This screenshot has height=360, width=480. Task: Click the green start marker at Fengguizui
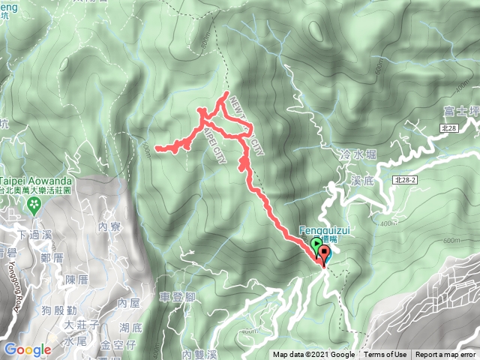click(x=316, y=244)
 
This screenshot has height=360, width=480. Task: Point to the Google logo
click(x=27, y=349)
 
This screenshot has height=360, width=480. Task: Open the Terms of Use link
click(x=385, y=355)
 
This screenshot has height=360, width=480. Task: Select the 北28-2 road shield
click(x=404, y=180)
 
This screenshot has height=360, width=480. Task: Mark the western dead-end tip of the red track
click(x=156, y=148)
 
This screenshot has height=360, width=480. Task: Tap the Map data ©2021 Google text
click(x=313, y=355)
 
